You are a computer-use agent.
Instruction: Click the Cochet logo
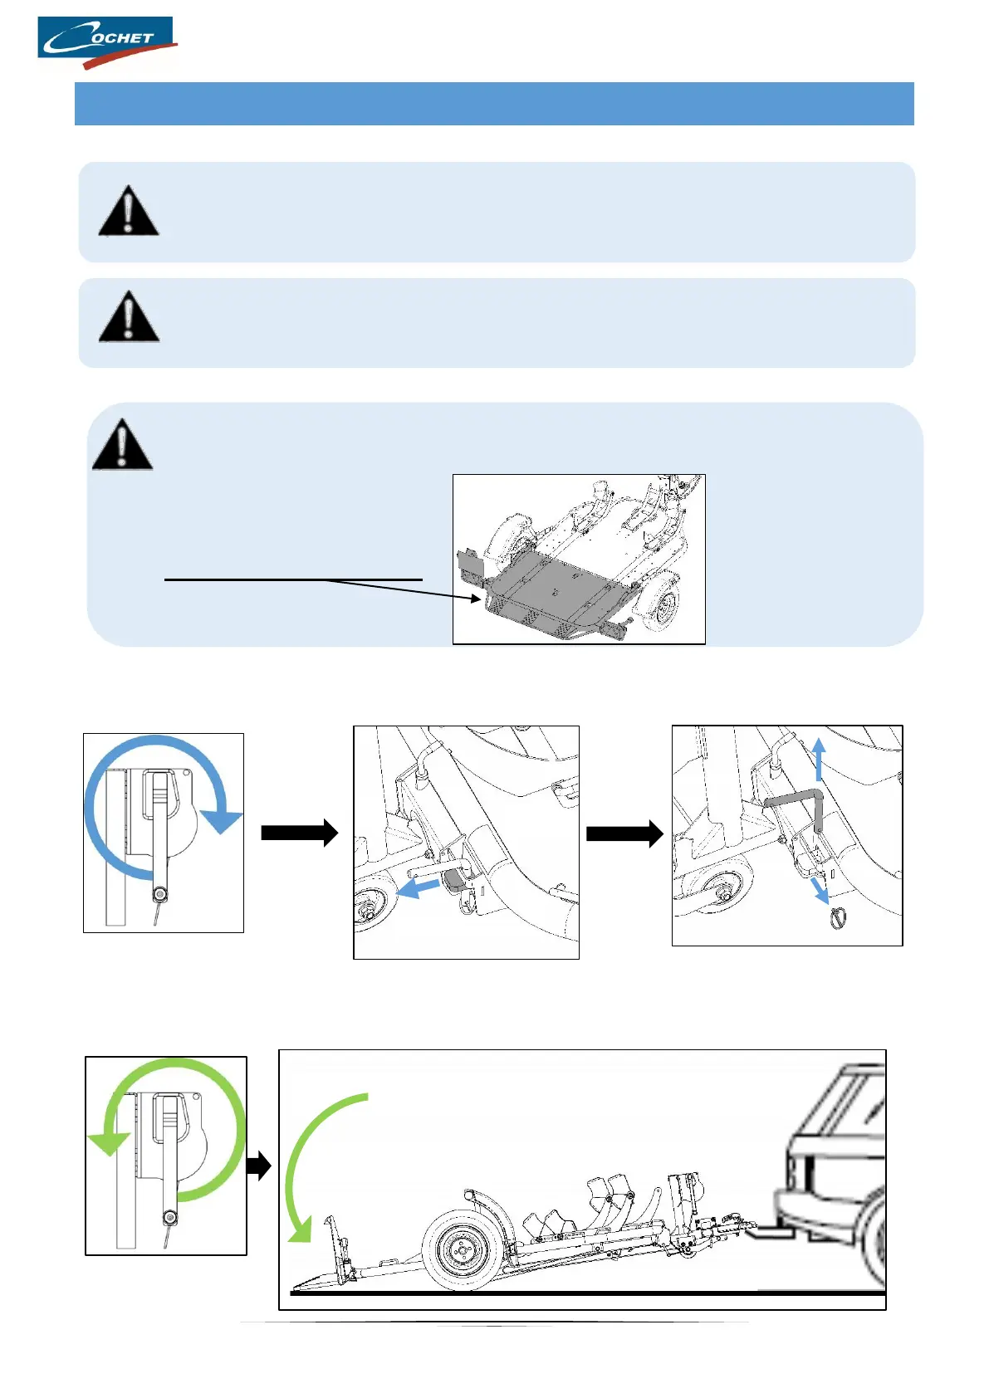(x=106, y=42)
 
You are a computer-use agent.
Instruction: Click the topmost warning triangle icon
(x=128, y=212)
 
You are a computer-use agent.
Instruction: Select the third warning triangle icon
(x=122, y=446)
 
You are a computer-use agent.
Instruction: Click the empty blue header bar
(x=494, y=104)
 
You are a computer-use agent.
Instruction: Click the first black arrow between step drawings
(x=300, y=833)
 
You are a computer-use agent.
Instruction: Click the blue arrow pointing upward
(x=819, y=759)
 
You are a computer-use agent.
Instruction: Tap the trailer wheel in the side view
(x=463, y=1251)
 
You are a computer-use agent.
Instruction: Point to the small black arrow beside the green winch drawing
(x=260, y=1166)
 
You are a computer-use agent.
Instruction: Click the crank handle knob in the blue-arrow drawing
(x=159, y=894)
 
